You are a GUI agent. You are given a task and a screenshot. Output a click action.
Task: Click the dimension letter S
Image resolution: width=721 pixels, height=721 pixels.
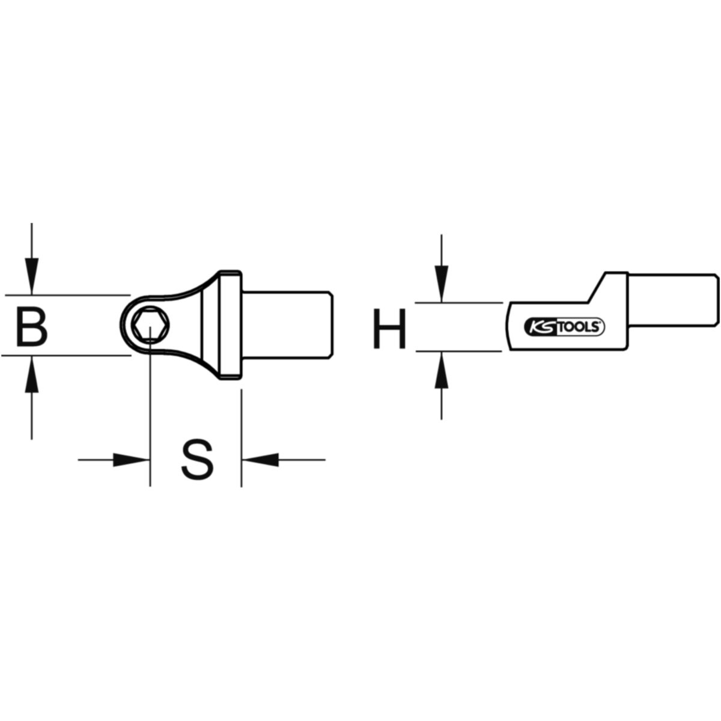point(197,460)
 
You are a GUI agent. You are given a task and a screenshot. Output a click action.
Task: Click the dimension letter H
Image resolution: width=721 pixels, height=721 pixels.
point(389,328)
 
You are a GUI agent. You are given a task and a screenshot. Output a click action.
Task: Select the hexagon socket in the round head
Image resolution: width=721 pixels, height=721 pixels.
point(150,325)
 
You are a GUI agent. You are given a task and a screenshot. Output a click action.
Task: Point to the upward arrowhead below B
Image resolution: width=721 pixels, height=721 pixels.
point(32,374)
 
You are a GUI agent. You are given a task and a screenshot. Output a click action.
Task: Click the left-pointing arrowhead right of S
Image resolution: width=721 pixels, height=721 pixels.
point(260,460)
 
